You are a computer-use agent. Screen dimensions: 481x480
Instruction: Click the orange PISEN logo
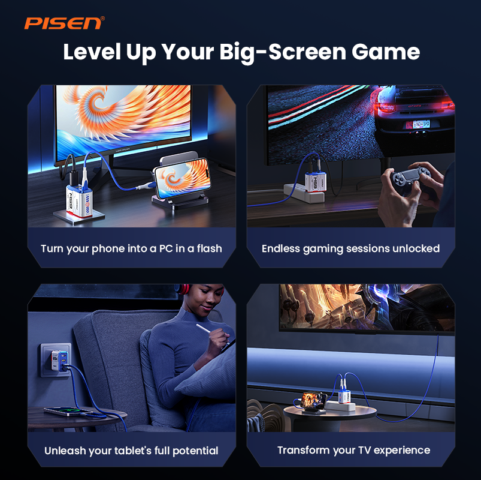point(63,23)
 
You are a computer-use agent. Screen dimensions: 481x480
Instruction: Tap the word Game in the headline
point(386,52)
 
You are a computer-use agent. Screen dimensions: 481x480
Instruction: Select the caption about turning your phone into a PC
point(131,248)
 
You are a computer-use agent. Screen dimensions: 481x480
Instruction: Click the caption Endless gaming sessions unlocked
point(350,248)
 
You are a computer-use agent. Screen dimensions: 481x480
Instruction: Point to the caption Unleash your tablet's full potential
point(131,451)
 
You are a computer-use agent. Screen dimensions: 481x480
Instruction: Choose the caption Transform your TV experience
point(353,450)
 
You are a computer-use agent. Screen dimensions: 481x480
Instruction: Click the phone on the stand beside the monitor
point(182,178)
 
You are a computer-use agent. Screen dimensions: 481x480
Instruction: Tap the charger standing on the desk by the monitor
point(79,200)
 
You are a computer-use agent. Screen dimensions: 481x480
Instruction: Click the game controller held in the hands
point(410,178)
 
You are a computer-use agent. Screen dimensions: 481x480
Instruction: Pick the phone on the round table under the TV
point(313,400)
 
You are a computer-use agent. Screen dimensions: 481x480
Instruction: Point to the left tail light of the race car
point(386,107)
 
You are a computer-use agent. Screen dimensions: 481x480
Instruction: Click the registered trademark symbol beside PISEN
point(103,19)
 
